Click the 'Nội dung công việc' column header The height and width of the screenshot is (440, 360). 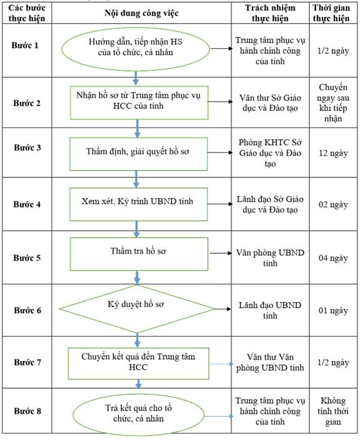(141, 13)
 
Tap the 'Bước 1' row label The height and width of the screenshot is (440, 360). (25, 45)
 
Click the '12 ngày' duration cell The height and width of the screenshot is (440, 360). (333, 153)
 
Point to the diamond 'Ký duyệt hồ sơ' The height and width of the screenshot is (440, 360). (137, 309)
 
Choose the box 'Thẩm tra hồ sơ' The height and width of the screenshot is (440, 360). (139, 254)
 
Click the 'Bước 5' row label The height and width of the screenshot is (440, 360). (27, 258)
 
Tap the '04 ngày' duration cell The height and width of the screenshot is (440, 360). (333, 258)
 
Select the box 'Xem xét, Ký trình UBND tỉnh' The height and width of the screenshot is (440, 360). (138, 204)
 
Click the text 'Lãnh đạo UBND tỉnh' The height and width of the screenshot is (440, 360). (270, 310)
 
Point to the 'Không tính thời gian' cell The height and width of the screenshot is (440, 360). (333, 411)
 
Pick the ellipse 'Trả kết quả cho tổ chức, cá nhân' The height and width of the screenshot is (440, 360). (138, 414)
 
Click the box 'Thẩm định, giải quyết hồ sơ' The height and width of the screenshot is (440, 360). (138, 154)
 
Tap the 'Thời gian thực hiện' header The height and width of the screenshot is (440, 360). (331, 13)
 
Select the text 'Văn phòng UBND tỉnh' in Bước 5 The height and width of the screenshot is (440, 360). (270, 258)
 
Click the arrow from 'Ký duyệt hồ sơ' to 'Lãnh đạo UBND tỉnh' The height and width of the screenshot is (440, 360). (223, 309)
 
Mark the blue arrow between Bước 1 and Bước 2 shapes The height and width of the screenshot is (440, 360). (136, 78)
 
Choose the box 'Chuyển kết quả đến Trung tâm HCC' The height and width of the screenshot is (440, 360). (138, 364)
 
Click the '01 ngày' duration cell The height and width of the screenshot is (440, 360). (333, 311)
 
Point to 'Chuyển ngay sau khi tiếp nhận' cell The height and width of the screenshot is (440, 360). (333, 103)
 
